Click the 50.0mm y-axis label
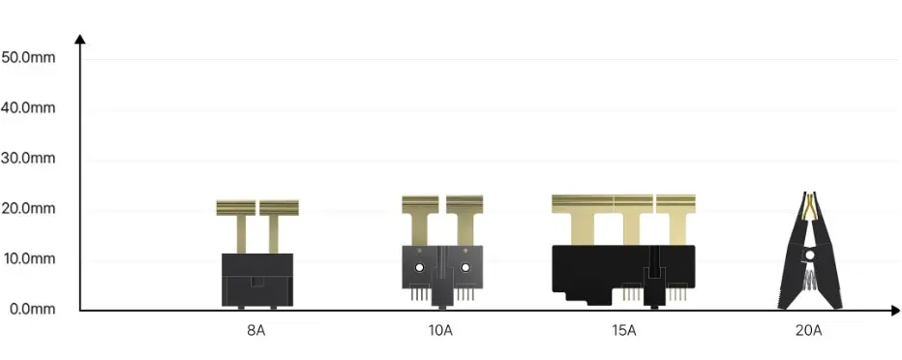28,57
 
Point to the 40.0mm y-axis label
28,107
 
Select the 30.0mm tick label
28,158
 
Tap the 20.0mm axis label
28,208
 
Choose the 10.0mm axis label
28,258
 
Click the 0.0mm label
32,309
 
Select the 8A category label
256,331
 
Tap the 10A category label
440,331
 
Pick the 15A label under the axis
624,331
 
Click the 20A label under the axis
809,331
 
